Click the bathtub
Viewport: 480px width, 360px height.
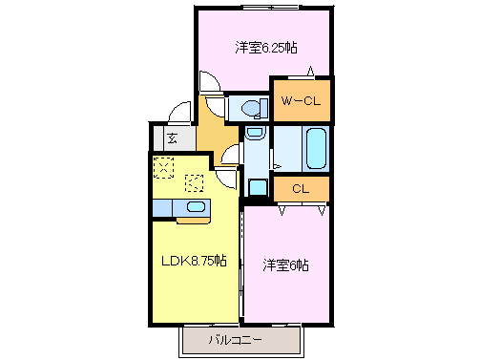tap(315, 149)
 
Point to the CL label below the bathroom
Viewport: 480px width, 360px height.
tap(300, 189)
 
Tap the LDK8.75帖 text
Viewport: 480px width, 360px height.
tap(194, 260)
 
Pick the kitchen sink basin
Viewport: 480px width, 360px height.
tap(195, 207)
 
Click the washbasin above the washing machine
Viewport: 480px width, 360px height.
tap(255, 134)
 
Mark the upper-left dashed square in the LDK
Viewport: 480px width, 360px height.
tap(163, 169)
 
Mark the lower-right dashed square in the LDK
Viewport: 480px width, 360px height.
tap(195, 183)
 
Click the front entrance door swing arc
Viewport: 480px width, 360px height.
tap(178, 115)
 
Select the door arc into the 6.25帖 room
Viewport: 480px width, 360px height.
tap(209, 84)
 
